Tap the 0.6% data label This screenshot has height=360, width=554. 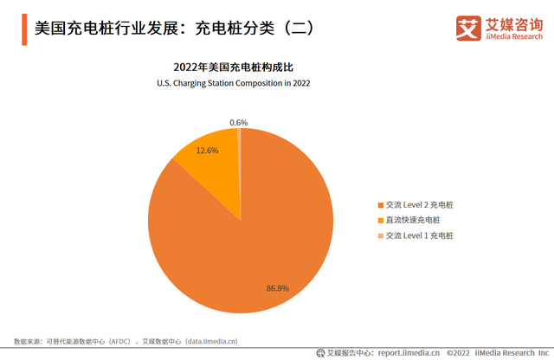[239, 122]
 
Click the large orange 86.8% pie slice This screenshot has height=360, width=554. [260, 234]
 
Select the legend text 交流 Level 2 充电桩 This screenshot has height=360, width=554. [420, 204]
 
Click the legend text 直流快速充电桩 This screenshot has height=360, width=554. [414, 220]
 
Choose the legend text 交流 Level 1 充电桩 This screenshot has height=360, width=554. [420, 235]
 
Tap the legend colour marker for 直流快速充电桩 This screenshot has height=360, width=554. [380, 220]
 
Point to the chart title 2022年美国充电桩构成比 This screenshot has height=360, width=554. [233, 67]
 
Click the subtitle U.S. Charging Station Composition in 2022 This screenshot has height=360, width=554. [233, 83]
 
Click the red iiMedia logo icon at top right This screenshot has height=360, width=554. [468, 28]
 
